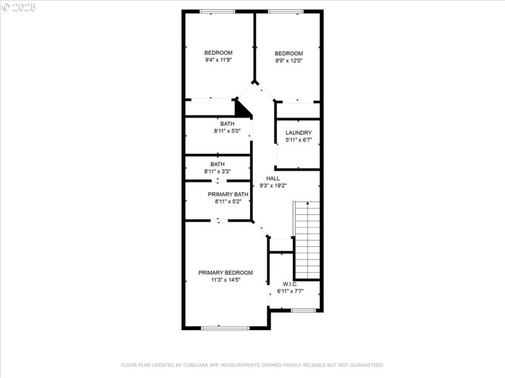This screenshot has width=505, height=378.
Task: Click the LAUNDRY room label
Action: pos(299,132)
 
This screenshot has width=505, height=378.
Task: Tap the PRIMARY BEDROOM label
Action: pos(225,273)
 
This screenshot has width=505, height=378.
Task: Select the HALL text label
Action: pos(273,178)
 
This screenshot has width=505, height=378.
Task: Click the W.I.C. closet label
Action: pos(290,284)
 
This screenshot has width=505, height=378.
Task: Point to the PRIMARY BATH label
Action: pos(228,194)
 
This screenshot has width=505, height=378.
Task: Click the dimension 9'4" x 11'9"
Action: pos(218,60)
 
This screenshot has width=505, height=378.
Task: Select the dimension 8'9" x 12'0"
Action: pos(288,61)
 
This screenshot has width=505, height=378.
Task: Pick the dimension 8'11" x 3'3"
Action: pos(218,171)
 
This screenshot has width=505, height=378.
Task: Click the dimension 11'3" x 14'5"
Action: pos(225,280)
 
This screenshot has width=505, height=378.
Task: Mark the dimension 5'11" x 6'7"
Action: pos(299,140)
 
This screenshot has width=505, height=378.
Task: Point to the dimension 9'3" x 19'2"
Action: pos(273,186)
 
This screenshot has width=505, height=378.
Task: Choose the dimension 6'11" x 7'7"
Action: pos(290,292)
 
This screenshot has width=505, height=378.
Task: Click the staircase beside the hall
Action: pos(307,239)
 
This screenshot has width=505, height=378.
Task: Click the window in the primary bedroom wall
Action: pos(225,328)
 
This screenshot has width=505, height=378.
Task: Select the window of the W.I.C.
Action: pos(303,310)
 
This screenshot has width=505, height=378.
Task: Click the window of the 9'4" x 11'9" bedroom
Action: pos(217,11)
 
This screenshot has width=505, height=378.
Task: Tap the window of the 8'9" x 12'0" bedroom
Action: pos(285,11)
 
